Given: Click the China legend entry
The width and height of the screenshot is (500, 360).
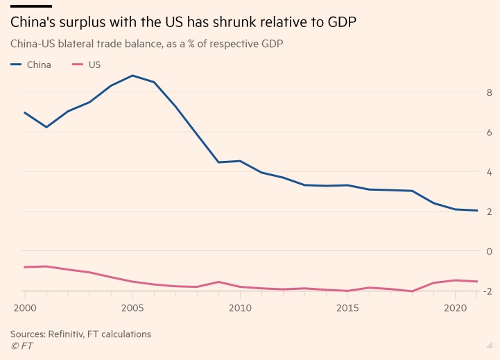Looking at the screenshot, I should (34, 65).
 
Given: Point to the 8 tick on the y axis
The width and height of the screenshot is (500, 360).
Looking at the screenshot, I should (490, 93).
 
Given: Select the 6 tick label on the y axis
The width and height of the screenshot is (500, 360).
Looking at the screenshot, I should (490, 132).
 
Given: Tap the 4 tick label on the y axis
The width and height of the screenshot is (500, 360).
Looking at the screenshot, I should (490, 172).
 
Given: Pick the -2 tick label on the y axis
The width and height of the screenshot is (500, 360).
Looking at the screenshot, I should (488, 291).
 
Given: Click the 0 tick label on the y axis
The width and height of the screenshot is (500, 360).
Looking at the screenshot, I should (490, 251).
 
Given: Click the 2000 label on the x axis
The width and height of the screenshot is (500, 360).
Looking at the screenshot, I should (24, 308).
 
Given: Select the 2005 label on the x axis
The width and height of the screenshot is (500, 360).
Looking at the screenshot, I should (132, 308).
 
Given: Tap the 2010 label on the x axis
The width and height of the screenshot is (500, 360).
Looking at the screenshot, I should (239, 308).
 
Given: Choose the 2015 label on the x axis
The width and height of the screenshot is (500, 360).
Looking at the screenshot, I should (347, 308).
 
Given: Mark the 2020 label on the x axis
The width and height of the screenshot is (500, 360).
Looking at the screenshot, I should (455, 308).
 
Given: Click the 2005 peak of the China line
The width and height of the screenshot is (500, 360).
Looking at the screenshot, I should (132, 75).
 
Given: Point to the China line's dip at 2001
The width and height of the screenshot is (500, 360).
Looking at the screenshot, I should (46, 127).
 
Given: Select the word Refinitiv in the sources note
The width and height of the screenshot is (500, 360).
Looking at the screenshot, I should (76, 334).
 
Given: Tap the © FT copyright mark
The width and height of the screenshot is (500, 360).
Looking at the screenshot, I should (21, 345).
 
